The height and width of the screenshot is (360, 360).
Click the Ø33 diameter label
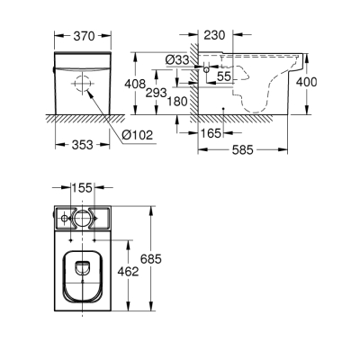tap(176, 59)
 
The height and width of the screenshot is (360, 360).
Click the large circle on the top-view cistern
tap(81, 219)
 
